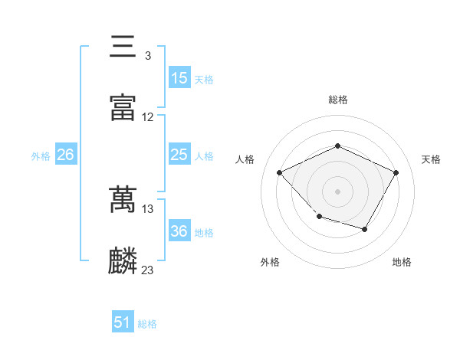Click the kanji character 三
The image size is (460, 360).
pyautogui.click(x=123, y=47)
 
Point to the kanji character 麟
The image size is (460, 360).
pyautogui.click(x=123, y=260)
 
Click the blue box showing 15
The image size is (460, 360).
pyautogui.click(x=179, y=78)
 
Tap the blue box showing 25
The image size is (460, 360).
pyautogui.click(x=179, y=155)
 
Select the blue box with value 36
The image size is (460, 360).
pyautogui.click(x=179, y=231)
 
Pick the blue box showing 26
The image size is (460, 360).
pyautogui.click(x=65, y=155)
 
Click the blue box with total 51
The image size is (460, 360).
pyautogui.click(x=123, y=322)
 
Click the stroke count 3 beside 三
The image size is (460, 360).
pyautogui.click(x=147, y=56)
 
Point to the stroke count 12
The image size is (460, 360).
pyautogui.click(x=148, y=117)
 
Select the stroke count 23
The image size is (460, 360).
pyautogui.click(x=148, y=270)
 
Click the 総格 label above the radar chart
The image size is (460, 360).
pyautogui.click(x=338, y=100)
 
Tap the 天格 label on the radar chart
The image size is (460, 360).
pyautogui.click(x=432, y=159)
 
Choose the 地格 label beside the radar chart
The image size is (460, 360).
pyautogui.click(x=402, y=263)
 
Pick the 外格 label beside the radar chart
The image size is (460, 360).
pyautogui.click(x=270, y=263)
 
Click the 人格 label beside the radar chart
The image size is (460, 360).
pyautogui.click(x=245, y=159)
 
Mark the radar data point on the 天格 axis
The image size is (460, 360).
pyautogui.click(x=396, y=172)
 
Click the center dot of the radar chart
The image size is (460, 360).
pyautogui.click(x=337, y=191)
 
